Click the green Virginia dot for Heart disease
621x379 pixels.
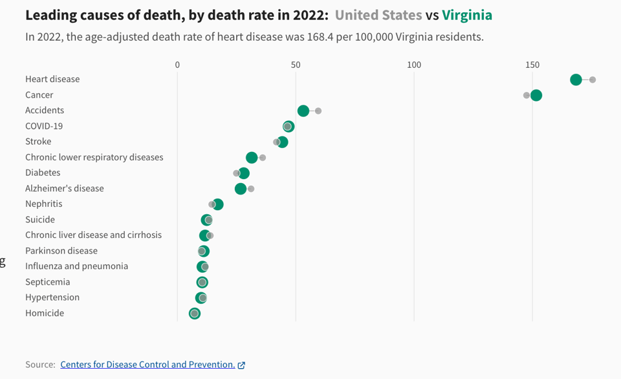click(x=576, y=80)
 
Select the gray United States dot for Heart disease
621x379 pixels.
click(x=593, y=80)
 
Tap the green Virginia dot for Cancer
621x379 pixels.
click(x=536, y=95)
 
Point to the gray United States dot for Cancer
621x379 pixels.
click(x=527, y=95)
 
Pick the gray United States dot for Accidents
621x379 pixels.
click(x=318, y=111)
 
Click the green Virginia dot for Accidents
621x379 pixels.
click(x=303, y=111)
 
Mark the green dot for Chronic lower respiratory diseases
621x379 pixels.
click(x=252, y=158)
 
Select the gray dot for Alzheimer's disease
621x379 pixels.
click(x=251, y=189)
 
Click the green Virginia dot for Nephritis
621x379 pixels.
click(x=218, y=204)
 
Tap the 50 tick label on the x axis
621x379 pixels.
click(x=296, y=65)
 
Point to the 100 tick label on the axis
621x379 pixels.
click(x=414, y=65)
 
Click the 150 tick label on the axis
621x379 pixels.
click(x=532, y=65)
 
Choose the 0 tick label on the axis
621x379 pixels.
click(x=177, y=65)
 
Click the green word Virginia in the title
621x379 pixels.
click(x=467, y=15)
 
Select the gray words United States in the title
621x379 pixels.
click(x=378, y=15)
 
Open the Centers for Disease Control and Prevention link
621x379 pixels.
click(x=147, y=365)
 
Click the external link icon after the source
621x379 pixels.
click(x=241, y=365)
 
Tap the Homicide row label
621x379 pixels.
click(x=45, y=313)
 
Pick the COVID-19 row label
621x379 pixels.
click(x=44, y=126)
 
